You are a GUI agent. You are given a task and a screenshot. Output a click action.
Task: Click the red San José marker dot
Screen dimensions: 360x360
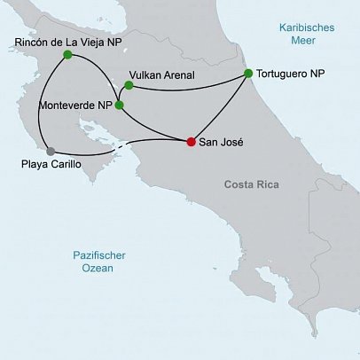(x=192, y=142)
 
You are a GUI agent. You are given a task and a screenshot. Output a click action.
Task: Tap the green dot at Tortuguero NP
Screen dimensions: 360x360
(x=248, y=74)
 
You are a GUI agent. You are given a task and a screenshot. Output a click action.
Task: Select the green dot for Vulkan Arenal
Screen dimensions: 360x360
(x=129, y=86)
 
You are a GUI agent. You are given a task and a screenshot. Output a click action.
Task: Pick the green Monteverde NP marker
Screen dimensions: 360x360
(x=120, y=105)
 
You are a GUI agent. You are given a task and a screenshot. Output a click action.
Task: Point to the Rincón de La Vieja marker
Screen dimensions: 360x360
(x=67, y=55)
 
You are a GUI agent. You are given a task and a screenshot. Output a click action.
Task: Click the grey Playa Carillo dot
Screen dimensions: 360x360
(x=51, y=151)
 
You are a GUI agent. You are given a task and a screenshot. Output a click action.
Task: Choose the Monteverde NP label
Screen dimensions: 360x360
(x=75, y=105)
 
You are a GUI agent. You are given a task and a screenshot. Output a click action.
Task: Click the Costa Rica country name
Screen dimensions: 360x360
(x=250, y=184)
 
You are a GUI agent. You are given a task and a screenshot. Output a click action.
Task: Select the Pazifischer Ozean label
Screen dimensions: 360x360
(x=99, y=262)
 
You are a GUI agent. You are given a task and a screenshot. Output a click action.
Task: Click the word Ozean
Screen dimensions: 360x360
(x=99, y=268)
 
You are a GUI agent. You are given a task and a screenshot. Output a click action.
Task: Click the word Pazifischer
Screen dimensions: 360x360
(x=99, y=255)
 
